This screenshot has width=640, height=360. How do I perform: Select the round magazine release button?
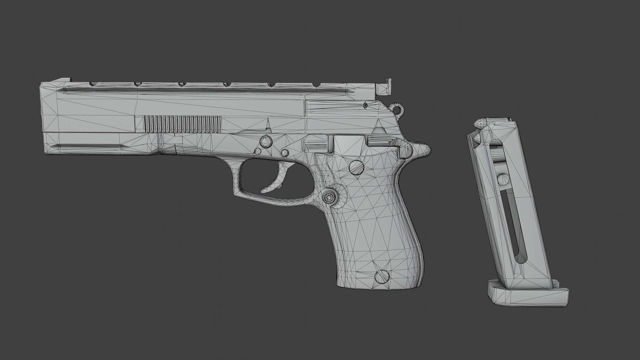tap(329, 196)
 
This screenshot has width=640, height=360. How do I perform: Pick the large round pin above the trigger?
tap(266, 142)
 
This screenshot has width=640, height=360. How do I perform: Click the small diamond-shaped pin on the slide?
tap(365, 105)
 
